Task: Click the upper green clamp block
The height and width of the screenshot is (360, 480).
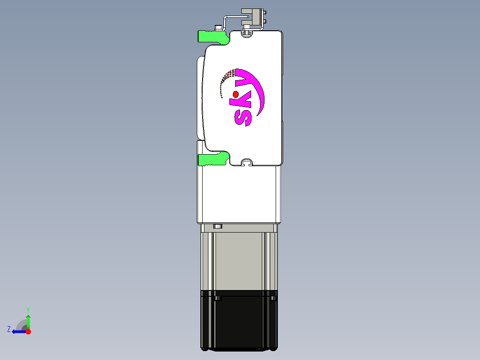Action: click(212, 37)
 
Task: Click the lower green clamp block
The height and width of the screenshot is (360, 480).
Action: click(212, 159)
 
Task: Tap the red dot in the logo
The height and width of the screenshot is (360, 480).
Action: click(236, 94)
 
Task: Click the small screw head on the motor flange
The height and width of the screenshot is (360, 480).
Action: click(217, 226)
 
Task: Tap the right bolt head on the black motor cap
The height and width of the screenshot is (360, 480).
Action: click(273, 298)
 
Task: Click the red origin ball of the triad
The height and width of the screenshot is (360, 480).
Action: click(28, 331)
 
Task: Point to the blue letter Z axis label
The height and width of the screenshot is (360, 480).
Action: click(8, 329)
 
